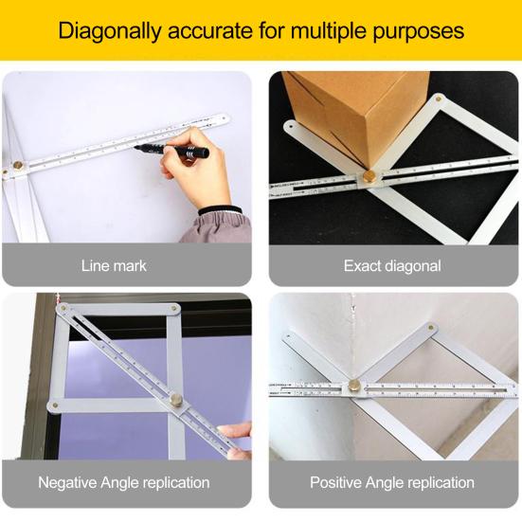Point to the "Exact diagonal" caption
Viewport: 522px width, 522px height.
(x=391, y=265)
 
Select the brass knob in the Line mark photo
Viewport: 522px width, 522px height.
(x=17, y=167)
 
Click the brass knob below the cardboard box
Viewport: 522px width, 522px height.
(x=368, y=177)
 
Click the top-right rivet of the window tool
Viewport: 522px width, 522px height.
(x=174, y=308)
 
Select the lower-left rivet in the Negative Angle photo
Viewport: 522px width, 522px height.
(x=54, y=405)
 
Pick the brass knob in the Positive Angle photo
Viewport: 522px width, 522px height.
(x=354, y=386)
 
